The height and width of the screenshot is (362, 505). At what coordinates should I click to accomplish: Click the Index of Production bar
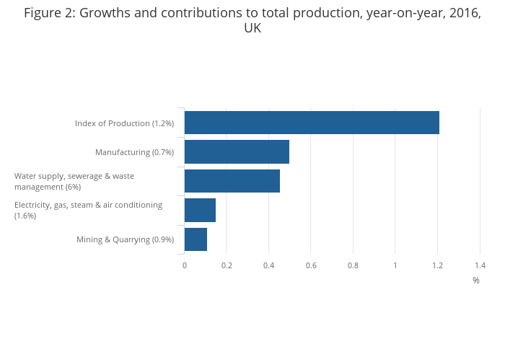tap(312, 123)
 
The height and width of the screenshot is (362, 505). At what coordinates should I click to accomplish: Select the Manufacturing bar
tap(237, 152)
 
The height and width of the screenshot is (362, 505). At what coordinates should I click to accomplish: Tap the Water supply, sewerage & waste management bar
tap(232, 181)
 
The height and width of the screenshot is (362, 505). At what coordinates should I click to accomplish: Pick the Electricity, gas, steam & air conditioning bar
tap(200, 210)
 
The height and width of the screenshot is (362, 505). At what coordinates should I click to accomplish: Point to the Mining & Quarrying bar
tap(196, 239)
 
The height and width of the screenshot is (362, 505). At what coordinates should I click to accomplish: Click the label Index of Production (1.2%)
tap(124, 123)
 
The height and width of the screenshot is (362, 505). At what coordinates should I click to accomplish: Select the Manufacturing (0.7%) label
tap(134, 152)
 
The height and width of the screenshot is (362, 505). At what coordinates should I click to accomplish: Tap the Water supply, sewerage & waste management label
tap(74, 181)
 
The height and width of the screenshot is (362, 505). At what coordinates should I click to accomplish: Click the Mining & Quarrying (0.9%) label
tap(125, 239)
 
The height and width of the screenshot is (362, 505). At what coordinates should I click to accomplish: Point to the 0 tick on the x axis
tap(185, 265)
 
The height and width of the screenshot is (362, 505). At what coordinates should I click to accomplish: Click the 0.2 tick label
tap(227, 265)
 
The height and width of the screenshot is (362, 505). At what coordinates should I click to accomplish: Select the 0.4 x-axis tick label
tap(268, 265)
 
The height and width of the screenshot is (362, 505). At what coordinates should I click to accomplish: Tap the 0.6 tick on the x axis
tap(311, 265)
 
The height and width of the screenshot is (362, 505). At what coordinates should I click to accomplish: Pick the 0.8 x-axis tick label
tap(353, 265)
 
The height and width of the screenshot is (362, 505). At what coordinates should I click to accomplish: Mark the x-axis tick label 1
tap(395, 265)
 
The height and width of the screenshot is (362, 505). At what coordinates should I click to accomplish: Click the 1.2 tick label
tap(437, 265)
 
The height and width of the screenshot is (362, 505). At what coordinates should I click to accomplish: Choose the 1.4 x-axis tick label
tap(480, 265)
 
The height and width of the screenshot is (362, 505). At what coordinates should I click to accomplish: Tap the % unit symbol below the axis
tap(476, 281)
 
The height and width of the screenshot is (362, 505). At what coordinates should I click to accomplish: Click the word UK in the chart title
tap(252, 29)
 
